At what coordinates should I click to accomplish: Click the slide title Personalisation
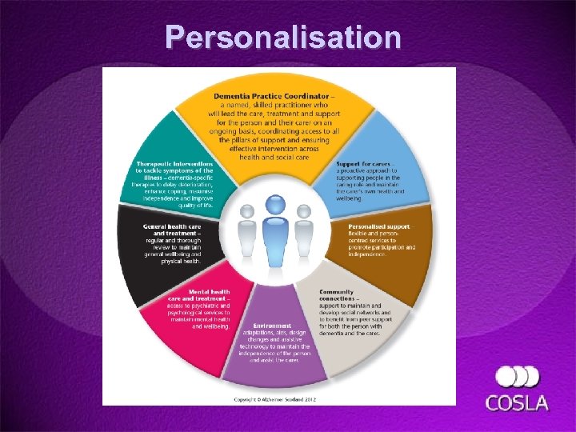(x=283, y=38)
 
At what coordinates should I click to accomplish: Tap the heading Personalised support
(x=379, y=226)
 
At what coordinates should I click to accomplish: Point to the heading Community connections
(x=336, y=295)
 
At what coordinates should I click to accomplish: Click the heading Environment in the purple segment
(x=272, y=326)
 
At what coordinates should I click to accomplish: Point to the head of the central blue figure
(x=275, y=206)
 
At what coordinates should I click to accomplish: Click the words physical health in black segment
(x=180, y=261)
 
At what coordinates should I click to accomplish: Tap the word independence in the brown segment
(x=367, y=254)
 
